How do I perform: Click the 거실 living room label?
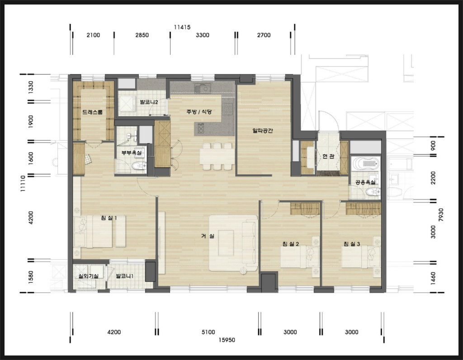pos(208,236)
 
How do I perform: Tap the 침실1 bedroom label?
pos(109,218)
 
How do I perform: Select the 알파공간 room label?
pos(263,130)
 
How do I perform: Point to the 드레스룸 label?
pos(92,112)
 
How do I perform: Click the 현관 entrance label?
pos(328,156)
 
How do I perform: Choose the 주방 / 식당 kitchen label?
pos(199,112)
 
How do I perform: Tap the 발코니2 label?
pos(149,103)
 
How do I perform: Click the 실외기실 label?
pos(88,276)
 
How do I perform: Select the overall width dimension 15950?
pos(227,340)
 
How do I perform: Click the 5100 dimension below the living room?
pos(208,332)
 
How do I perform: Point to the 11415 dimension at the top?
pos(182,27)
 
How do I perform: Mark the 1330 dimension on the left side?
pos(31,87)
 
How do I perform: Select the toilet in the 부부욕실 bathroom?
pos(139,165)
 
